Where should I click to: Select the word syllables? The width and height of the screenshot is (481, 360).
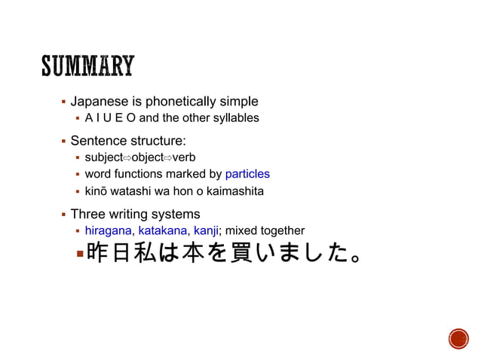tap(234, 118)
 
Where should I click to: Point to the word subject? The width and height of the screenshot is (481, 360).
tap(103, 157)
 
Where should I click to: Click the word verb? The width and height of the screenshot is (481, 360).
tap(184, 157)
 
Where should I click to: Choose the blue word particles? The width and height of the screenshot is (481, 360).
tap(247, 174)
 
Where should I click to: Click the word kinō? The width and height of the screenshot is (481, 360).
tap(96, 191)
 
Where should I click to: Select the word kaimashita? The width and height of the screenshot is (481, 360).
tap(234, 191)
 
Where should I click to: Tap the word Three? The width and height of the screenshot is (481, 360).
tap(87, 214)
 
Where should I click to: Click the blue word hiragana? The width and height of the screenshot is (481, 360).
tap(109, 230)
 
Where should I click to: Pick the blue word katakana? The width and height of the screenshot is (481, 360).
tap(164, 230)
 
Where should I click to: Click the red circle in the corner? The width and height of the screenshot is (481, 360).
tap(458, 339)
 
